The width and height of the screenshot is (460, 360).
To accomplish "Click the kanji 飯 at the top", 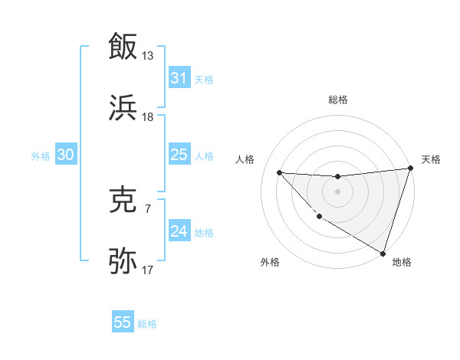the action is pos(123,47).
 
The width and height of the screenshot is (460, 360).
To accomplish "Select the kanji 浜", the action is pos(123,106).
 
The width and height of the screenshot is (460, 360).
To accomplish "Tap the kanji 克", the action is pos(123,199).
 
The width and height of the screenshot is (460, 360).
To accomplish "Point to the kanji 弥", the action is pos(123,260).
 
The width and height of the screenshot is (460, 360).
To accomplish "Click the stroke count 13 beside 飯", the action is pos(148,56).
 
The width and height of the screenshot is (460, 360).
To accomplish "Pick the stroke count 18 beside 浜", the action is pos(148,116).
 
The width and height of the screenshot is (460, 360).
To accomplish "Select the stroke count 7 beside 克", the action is pos(148,208).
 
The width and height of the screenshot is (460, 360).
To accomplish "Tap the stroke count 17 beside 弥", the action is pos(148,270).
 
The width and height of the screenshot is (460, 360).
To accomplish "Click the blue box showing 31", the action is pos(179,78).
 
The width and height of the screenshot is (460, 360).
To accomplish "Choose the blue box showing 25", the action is pos(179,155).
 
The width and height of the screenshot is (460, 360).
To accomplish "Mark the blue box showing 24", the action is pos(179,231).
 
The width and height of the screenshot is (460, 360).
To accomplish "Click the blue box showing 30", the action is pos(66,155).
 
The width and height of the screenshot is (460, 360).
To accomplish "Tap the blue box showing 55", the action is pos(123,322).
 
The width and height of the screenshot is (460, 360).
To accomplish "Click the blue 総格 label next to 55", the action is pos(147,324).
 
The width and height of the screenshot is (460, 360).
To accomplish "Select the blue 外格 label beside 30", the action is pos(41,156).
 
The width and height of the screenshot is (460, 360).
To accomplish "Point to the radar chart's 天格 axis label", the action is pos(431,159).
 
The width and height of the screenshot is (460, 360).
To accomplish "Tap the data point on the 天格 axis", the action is pos(410,169).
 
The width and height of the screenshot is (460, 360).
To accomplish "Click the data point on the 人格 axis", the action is pos(279,172).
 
